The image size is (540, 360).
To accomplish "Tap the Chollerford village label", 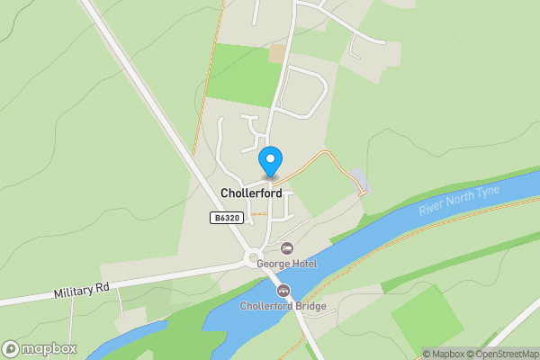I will click(251, 193).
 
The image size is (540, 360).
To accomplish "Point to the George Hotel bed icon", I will click(287, 247).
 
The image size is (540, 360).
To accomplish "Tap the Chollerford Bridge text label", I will click(283, 306).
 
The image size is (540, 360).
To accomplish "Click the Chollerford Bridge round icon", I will click(283, 291).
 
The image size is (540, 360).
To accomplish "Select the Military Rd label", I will click(81, 292).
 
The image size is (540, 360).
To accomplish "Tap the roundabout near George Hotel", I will click(255, 258).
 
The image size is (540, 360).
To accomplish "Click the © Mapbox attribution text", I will click(443, 354).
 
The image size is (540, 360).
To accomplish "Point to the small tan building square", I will click(276, 53).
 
